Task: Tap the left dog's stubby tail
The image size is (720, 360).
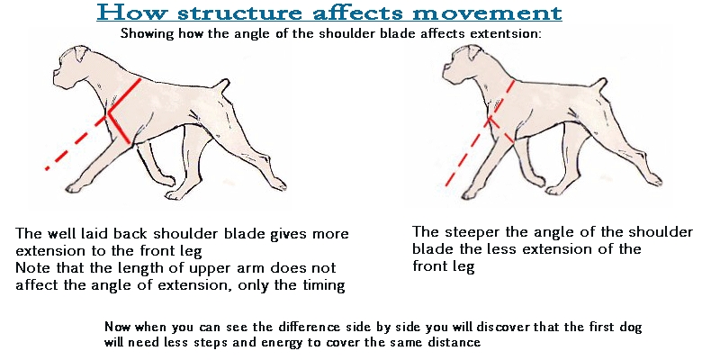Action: [x=222, y=86]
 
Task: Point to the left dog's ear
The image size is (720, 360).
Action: [x=81, y=53]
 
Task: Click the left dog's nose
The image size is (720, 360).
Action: [x=55, y=74]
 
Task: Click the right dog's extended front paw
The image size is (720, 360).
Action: [x=468, y=194]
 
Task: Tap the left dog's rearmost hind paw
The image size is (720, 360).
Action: [x=279, y=185]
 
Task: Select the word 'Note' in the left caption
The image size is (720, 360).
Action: [x=31, y=267]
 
